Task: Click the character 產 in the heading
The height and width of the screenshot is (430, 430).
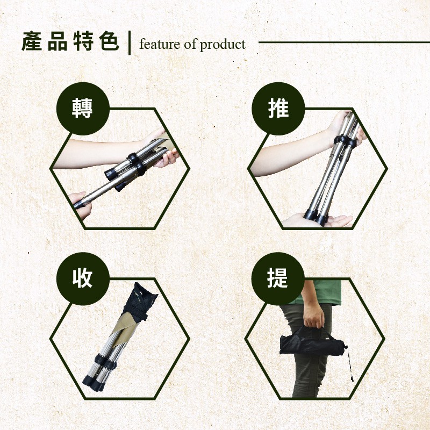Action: [32, 42]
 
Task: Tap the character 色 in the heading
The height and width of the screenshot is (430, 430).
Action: [110, 42]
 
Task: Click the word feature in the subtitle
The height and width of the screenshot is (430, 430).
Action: [160, 45]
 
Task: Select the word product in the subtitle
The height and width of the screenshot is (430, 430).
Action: [223, 45]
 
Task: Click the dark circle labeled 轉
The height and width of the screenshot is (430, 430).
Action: [83, 109]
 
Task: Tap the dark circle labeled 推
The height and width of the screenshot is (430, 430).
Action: [278, 109]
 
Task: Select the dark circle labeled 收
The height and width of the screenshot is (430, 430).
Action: [83, 278]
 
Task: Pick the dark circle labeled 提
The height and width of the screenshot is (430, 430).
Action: [278, 278]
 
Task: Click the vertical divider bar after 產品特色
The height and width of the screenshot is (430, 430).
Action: [129, 43]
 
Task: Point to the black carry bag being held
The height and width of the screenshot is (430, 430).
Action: [312, 341]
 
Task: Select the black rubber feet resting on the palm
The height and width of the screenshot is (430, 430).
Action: [316, 217]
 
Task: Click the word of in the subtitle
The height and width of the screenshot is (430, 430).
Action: [190, 45]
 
